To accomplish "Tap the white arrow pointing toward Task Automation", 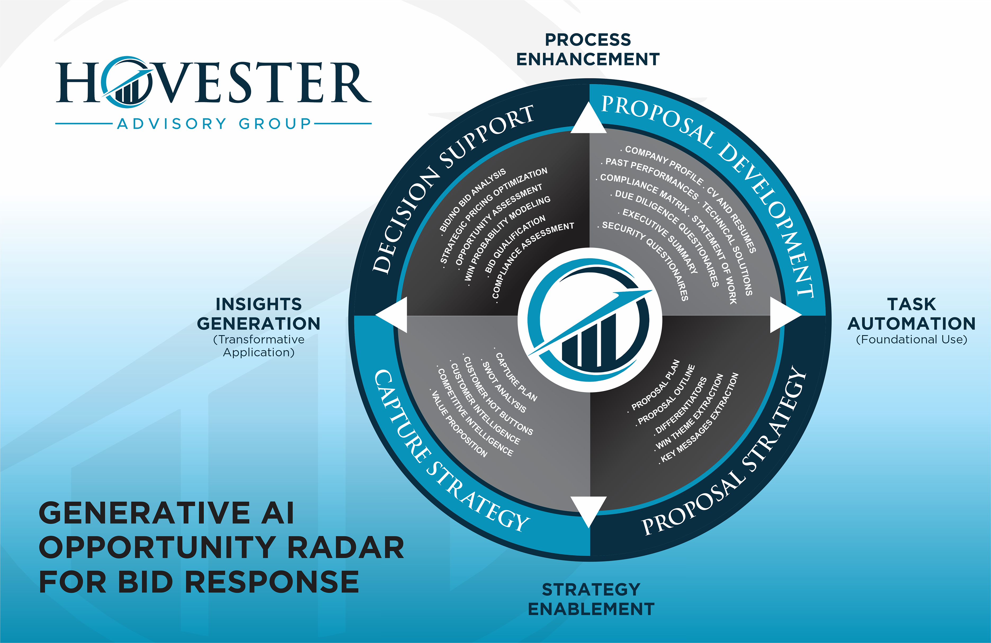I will point(783,315).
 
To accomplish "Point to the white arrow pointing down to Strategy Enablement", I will point(588,509).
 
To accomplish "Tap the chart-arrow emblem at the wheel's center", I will point(590,320).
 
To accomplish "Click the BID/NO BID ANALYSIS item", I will point(473,200).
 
